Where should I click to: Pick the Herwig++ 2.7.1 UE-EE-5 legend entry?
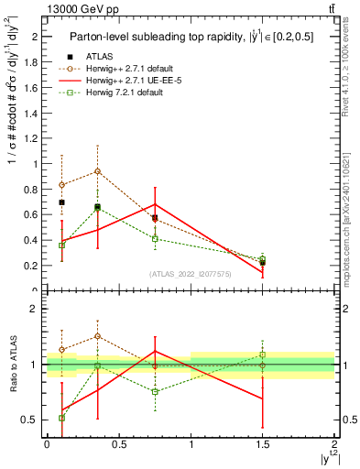tap(134, 80)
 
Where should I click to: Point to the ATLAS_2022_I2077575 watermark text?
tap(191, 274)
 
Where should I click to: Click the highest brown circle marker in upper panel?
tap(97, 171)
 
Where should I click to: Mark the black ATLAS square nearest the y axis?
tap(61, 202)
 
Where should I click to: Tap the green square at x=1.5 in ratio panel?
tap(263, 354)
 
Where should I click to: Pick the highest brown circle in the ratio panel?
tap(97, 336)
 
